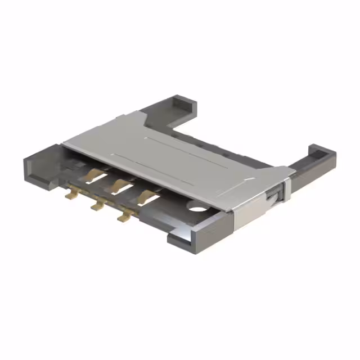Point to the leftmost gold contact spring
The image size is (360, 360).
coord(89,175)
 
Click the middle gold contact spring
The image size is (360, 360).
coord(118,184)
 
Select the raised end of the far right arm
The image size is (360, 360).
coord(317,151)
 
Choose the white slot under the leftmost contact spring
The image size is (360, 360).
coord(100,181)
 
